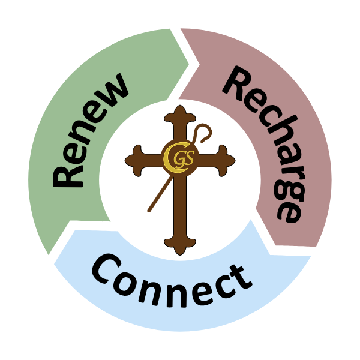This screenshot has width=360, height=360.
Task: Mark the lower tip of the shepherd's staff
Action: point(148,211)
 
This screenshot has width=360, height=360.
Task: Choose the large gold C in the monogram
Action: point(169,156)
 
